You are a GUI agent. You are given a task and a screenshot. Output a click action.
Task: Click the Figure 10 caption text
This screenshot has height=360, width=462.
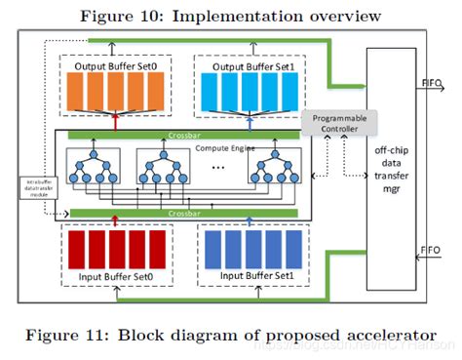231,15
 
